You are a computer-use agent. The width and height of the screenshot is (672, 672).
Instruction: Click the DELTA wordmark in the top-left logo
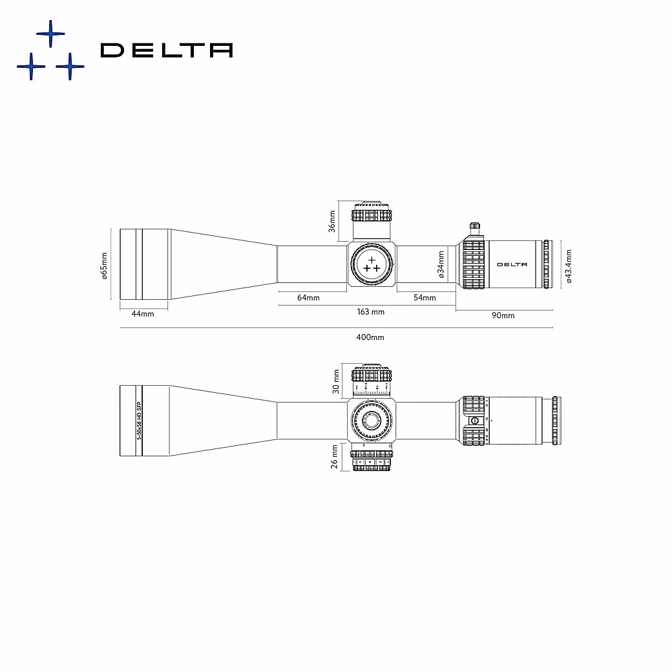(167, 50)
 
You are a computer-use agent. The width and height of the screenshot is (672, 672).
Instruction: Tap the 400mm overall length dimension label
(370, 337)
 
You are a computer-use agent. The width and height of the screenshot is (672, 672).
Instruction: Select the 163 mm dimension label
(371, 312)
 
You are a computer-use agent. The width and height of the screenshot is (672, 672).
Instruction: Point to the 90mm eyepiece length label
(503, 315)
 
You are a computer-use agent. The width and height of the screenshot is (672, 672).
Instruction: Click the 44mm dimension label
(142, 314)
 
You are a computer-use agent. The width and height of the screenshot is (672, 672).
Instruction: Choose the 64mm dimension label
(308, 298)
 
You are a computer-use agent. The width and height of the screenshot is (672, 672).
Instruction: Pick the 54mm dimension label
(425, 298)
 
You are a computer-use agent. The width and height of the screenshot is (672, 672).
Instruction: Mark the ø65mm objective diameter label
(104, 265)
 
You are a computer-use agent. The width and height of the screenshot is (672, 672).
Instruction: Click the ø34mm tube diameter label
(441, 264)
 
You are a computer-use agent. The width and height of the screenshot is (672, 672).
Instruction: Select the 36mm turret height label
(332, 222)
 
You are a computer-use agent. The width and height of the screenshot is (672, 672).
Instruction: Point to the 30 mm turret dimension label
(335, 381)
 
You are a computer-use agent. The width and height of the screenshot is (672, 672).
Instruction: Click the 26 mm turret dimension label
(335, 457)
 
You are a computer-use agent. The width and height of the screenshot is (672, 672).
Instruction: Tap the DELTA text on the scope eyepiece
(512, 264)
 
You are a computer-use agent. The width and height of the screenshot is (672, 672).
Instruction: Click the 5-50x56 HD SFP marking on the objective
(138, 420)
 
